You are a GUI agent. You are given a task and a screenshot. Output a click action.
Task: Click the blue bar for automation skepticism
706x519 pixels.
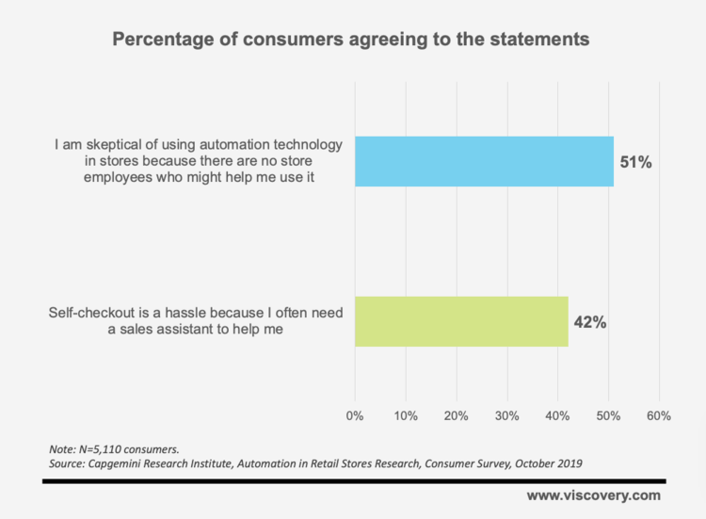[x=484, y=161]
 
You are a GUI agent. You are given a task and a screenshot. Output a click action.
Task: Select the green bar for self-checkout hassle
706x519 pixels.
[x=461, y=322]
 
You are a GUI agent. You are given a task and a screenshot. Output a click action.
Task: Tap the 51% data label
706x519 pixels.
[x=635, y=161]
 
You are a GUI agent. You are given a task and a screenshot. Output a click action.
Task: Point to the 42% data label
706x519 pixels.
[x=589, y=322]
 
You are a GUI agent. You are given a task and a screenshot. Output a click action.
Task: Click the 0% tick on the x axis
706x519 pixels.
[x=356, y=415]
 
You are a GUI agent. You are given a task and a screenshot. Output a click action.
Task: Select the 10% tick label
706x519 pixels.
[x=406, y=415]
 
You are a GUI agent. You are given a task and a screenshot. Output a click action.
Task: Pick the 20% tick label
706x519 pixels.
[x=457, y=415]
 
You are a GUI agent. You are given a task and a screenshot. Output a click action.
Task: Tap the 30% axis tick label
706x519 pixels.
[x=507, y=415]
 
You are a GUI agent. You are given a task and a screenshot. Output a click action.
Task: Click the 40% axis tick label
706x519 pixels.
[x=557, y=415]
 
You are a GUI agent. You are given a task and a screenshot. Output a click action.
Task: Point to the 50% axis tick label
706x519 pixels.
[x=608, y=415]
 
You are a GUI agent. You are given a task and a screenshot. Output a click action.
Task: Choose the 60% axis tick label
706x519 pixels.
[x=658, y=415]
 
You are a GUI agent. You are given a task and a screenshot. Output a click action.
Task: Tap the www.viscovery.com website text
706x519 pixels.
[x=593, y=495]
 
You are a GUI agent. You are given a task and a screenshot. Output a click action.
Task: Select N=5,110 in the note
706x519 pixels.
[x=104, y=448]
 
